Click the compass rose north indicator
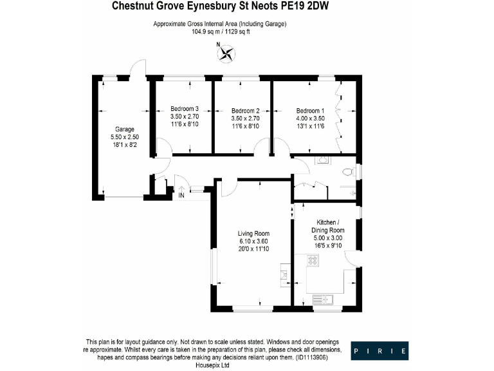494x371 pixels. pos(226,53)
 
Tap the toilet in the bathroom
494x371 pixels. pos(348,172)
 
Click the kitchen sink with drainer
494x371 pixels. pos(322,298)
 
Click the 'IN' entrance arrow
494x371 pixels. pos(182,191)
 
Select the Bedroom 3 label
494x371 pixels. pos(184,109)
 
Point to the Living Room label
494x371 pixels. pos(253,233)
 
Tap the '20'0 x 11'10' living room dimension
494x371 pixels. pos(253,250)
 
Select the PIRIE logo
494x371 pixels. pos(380,351)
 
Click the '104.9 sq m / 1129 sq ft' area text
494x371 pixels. pos(219,31)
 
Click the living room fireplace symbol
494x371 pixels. pos(284,273)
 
